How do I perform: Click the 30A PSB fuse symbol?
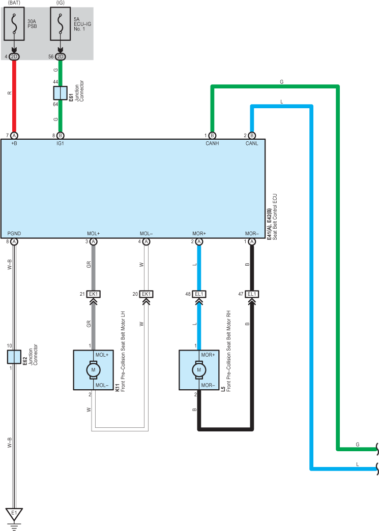14,23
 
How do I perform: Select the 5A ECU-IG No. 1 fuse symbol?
60,23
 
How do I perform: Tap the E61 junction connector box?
60,93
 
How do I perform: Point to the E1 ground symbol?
14,514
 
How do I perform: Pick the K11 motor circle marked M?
93,370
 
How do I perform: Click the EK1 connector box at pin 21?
94,294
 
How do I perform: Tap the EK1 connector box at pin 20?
146,294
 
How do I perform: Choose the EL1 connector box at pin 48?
199,294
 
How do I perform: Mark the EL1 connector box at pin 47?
252,294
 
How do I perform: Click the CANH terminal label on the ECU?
212,144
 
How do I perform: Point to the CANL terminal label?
252,144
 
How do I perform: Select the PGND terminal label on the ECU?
14,234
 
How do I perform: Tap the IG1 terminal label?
60,144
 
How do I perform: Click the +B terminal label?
14,144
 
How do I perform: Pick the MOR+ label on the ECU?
199,234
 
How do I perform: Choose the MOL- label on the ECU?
146,234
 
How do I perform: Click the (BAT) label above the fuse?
14,3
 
